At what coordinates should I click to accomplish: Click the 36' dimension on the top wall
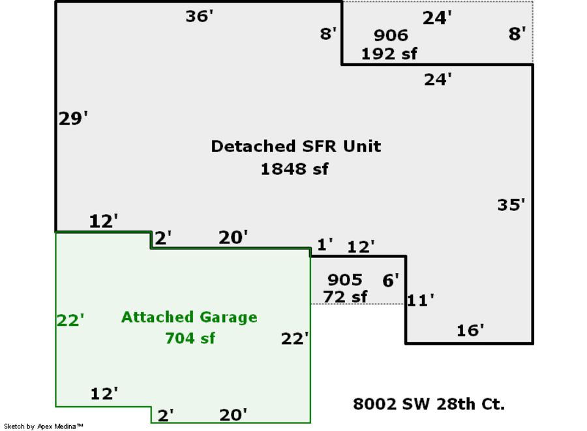pyautogui.click(x=200, y=16)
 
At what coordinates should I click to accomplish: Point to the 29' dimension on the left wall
pyautogui.click(x=73, y=119)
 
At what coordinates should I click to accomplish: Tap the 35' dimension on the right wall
pyautogui.click(x=511, y=205)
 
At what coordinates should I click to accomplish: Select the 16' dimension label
pyautogui.click(x=470, y=330)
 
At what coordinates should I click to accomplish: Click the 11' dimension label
pyautogui.click(x=421, y=300)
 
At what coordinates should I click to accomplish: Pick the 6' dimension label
pyautogui.click(x=391, y=281)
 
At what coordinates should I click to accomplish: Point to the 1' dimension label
pyautogui.click(x=325, y=245)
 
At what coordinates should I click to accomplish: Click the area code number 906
pyautogui.click(x=391, y=35)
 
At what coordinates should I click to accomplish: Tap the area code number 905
pyautogui.click(x=344, y=280)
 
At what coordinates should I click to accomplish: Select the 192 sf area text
pyautogui.click(x=389, y=54)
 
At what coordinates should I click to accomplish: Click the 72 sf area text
pyautogui.click(x=345, y=296)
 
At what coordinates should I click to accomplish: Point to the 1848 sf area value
pyautogui.click(x=294, y=169)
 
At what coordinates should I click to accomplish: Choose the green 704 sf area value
pyautogui.click(x=190, y=338)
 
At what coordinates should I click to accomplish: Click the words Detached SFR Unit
pyautogui.click(x=295, y=146)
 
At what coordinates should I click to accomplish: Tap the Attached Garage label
pyautogui.click(x=189, y=317)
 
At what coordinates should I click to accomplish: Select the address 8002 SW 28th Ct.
pyautogui.click(x=429, y=404)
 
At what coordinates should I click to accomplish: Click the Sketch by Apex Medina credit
pyautogui.click(x=44, y=426)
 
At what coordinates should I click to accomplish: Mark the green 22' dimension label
pyautogui.click(x=70, y=321)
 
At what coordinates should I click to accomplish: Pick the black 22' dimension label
pyautogui.click(x=295, y=339)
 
